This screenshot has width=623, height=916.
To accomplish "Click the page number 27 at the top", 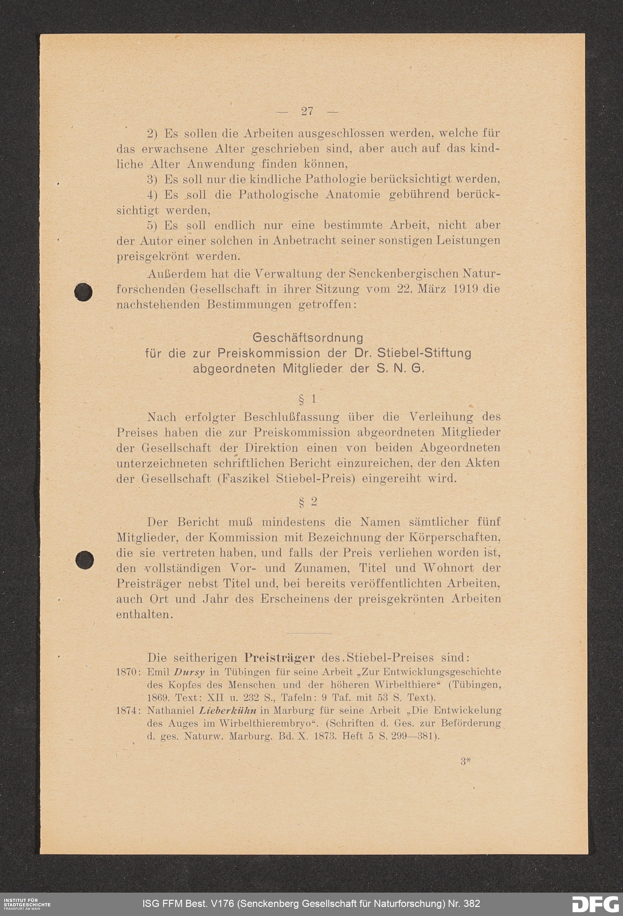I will [307, 112].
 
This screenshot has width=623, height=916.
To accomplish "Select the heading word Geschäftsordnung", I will [308, 338].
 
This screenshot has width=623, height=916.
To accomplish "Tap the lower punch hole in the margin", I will [84, 560].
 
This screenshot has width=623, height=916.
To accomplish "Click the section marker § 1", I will [308, 400].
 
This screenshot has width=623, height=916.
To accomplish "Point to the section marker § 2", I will [308, 502].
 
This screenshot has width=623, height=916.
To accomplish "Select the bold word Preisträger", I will [279, 658].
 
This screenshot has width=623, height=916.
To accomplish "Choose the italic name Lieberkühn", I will [228, 711].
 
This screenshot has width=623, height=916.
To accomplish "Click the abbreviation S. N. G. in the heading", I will [400, 369].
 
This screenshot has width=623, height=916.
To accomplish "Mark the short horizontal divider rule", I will [310, 633].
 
